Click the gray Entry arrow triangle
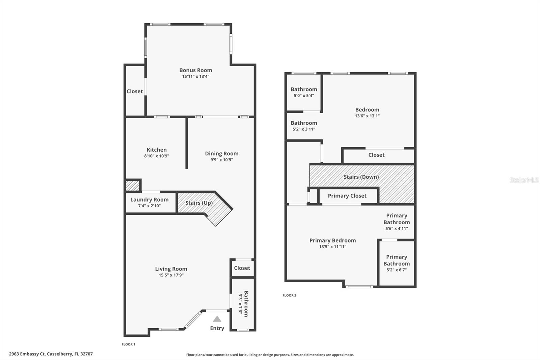(x=217, y=319)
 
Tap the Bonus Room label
(x=196, y=70)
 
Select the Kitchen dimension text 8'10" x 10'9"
(x=157, y=156)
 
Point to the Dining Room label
(x=222, y=154)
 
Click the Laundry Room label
(x=150, y=200)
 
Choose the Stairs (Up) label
(x=199, y=203)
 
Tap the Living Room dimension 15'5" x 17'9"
(x=171, y=275)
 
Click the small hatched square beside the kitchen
(x=132, y=186)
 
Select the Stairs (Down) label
(x=361, y=177)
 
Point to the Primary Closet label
(x=347, y=196)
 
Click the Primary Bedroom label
(x=332, y=240)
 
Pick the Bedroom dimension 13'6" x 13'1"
(x=367, y=116)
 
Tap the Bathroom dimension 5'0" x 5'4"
(x=304, y=96)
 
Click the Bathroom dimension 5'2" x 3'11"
(x=304, y=129)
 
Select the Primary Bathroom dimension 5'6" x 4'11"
(x=397, y=228)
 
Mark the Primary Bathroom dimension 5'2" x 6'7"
(x=397, y=270)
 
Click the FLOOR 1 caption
(x=128, y=344)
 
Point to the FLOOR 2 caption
(x=289, y=295)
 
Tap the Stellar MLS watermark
(x=524, y=180)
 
